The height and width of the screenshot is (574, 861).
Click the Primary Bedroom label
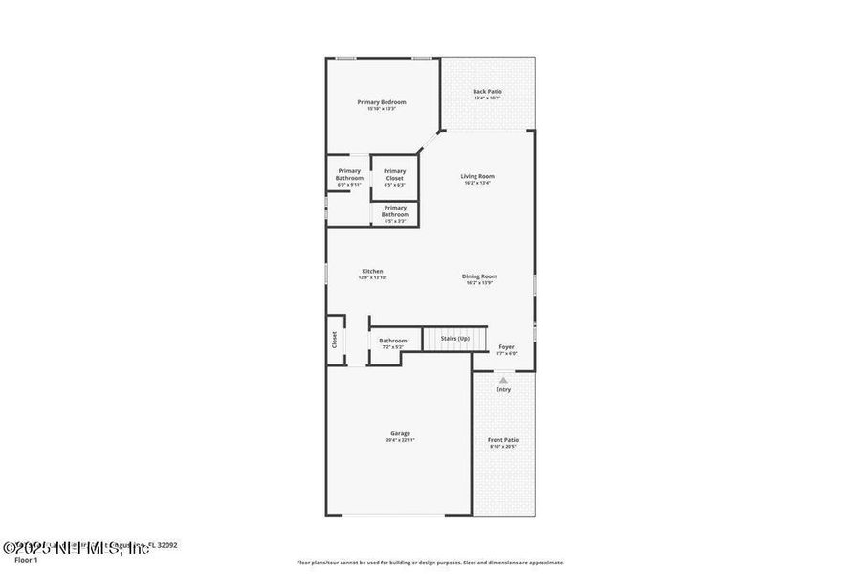pos(382,102)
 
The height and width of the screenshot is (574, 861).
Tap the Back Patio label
pos(487,92)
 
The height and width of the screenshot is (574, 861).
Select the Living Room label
pos(477,176)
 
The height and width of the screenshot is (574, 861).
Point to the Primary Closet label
pos(394,175)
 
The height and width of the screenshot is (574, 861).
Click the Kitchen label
pos(372,271)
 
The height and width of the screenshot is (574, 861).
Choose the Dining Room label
pos(479,276)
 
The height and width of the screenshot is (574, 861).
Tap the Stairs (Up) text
pos(454,339)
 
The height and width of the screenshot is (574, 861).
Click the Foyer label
pos(506,347)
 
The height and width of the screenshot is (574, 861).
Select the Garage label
pos(399,433)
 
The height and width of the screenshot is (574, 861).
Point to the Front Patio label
pos(503,440)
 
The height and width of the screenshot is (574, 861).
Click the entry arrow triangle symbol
pos(503,380)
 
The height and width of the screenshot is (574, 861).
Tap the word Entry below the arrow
pos(503,389)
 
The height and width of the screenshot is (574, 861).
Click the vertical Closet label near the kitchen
pos(335,340)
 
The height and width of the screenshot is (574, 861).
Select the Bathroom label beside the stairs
pos(392,341)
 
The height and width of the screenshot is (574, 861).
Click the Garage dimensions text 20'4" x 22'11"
pos(399,440)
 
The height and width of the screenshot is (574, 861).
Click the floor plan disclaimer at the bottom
pos(430,563)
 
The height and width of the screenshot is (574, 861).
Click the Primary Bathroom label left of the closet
pos(349,175)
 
